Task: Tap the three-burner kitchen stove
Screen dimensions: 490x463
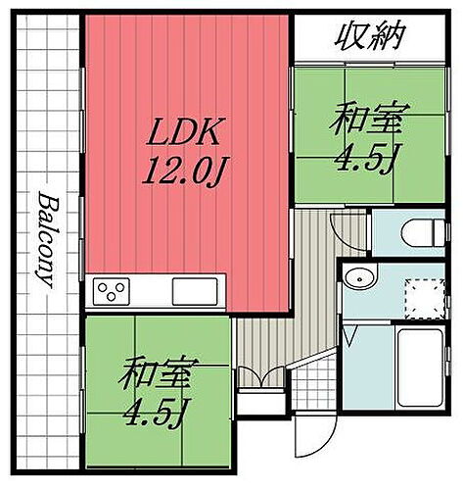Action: (x=112, y=291)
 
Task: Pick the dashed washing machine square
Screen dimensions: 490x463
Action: (x=425, y=298)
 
